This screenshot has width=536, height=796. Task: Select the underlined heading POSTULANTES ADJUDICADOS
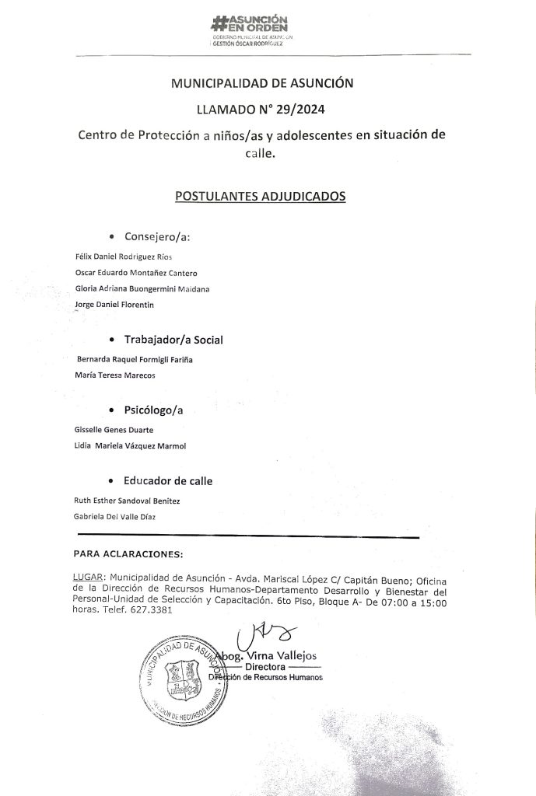pos(261,197)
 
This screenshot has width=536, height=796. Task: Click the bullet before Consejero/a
pos(114,236)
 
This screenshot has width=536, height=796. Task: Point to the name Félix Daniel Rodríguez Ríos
pos(122,257)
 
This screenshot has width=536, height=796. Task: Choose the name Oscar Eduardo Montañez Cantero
pos(135,273)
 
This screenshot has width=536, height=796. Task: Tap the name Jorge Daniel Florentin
pos(114,305)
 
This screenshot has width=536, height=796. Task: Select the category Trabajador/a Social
pos(174,340)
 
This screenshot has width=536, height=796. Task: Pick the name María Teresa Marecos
pos(114,375)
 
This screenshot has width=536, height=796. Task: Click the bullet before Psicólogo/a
pos(114,410)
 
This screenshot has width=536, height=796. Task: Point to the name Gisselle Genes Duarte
pos(114,430)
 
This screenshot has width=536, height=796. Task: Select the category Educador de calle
pos(168,481)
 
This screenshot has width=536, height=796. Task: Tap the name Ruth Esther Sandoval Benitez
pos(127,501)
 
